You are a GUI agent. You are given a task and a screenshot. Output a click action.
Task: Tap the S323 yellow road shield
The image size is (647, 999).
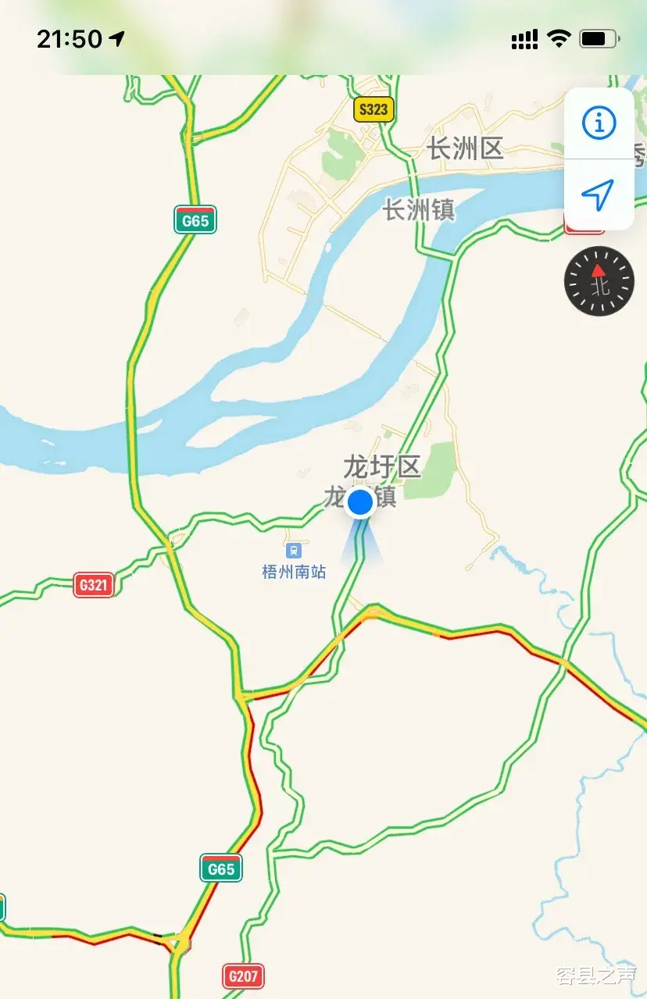coord(374,109)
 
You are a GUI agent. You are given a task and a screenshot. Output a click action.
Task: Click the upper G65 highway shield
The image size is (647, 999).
coord(195,220)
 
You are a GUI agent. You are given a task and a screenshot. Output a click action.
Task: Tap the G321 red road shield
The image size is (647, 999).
coord(94,584)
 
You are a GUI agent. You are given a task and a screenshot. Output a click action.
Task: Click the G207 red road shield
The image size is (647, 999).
coord(243,976)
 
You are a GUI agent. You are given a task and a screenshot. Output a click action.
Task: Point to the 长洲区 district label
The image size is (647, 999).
coord(466,148)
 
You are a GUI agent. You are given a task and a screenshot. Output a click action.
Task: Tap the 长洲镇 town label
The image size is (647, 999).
coord(419,209)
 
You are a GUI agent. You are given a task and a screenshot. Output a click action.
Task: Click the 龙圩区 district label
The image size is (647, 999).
coord(382,467)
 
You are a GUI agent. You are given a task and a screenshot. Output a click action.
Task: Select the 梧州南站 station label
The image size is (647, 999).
coord(294,573)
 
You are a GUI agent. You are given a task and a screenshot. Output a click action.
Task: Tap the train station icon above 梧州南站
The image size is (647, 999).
coord(294,551)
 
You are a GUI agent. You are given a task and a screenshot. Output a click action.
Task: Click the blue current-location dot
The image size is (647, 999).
coord(360,503)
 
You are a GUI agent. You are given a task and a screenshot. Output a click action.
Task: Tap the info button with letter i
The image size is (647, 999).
coord(599,123)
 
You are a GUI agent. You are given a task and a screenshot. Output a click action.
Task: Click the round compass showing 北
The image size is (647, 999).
coord(599,281)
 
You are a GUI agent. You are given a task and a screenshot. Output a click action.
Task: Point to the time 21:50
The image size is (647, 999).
coord(70,38)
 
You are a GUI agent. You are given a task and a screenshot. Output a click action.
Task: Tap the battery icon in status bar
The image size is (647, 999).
coord(600,38)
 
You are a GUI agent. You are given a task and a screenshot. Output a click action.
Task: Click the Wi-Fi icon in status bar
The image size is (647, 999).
coord(559,38)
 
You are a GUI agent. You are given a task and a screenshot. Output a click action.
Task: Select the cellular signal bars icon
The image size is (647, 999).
coord(524,39)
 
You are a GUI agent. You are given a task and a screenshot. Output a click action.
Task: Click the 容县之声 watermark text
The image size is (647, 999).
coord(596,974)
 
